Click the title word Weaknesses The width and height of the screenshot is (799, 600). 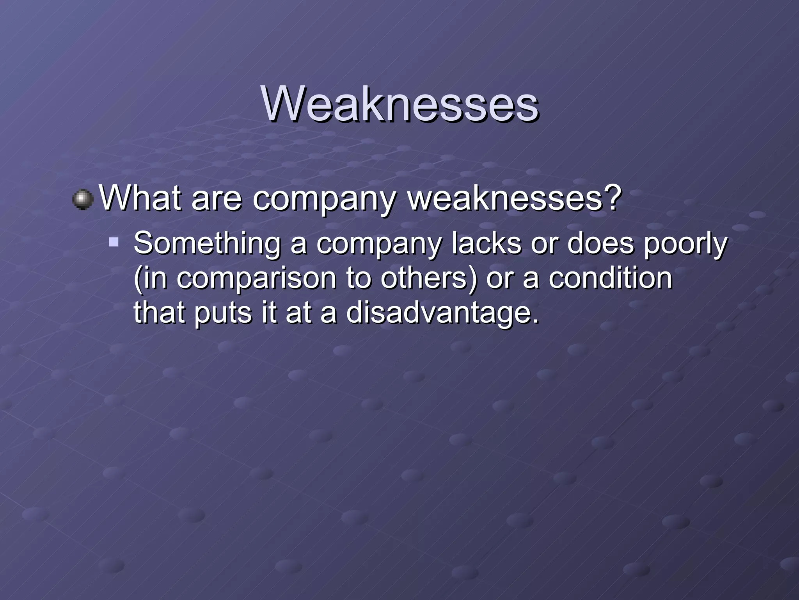(x=400, y=104)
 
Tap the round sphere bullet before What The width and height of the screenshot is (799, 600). (x=83, y=200)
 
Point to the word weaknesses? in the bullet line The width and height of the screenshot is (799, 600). (x=513, y=198)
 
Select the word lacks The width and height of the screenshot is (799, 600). (x=486, y=243)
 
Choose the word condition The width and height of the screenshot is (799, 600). (x=611, y=278)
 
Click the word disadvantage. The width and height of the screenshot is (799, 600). (x=442, y=314)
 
